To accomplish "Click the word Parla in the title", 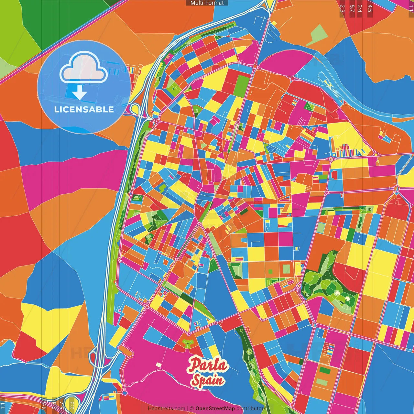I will [208, 365].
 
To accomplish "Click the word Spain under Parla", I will [208, 380].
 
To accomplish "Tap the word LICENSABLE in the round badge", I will [84, 109].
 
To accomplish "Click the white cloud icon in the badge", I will [84, 67].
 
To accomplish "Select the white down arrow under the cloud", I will [80, 93].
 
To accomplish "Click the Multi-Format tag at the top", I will [207, 3].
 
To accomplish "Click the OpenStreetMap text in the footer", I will [215, 409].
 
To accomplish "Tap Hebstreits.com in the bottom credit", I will [166, 409].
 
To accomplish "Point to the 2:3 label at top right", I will [342, 8].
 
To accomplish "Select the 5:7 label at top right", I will [352, 8].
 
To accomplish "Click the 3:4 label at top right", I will [360, 8].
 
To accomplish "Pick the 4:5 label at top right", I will [370, 8].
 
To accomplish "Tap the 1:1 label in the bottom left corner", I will [3, 405].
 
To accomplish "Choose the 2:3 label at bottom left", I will [72, 405].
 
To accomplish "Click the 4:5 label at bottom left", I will [44, 405].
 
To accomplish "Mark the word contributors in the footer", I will [251, 409].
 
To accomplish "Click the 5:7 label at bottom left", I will [62, 405].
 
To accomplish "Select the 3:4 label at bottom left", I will [54, 405].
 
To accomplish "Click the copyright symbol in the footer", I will [192, 409].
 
